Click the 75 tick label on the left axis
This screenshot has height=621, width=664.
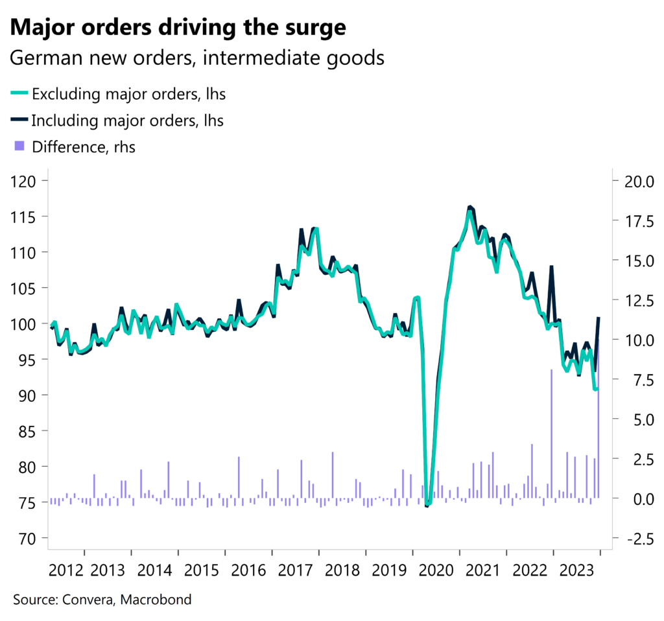28,502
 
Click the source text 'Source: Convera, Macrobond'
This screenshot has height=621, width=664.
102,600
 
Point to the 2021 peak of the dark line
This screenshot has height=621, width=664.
470,207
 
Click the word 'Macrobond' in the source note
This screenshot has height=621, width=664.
159,600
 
